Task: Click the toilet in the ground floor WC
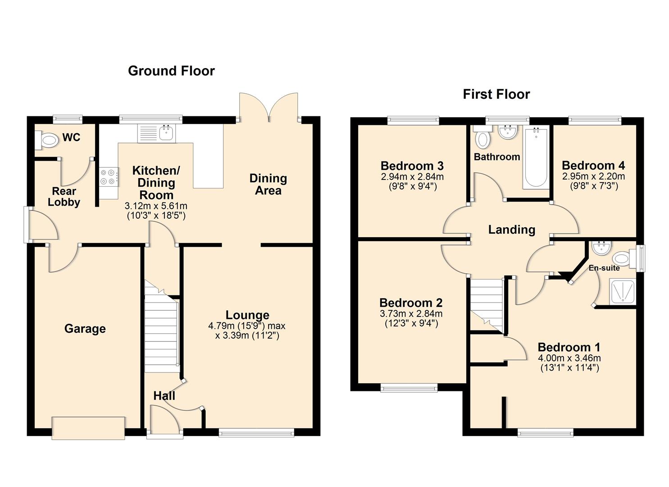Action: [x=47, y=140]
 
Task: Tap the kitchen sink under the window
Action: [x=167, y=133]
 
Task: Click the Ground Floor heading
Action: [x=171, y=71]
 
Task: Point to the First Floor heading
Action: [x=496, y=94]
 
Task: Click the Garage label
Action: [x=85, y=329]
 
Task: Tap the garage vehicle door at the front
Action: [x=88, y=428]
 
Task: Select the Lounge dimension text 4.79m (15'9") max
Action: [x=246, y=326]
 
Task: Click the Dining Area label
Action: [x=268, y=184]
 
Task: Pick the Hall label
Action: [x=164, y=396]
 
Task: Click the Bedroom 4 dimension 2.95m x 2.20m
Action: [x=593, y=176]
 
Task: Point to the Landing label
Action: [x=511, y=230]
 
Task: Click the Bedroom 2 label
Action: [x=410, y=303]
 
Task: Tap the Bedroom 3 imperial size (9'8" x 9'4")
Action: [x=412, y=186]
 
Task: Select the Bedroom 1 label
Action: [x=569, y=347]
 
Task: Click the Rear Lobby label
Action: [x=64, y=197]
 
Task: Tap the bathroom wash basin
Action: [x=507, y=132]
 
